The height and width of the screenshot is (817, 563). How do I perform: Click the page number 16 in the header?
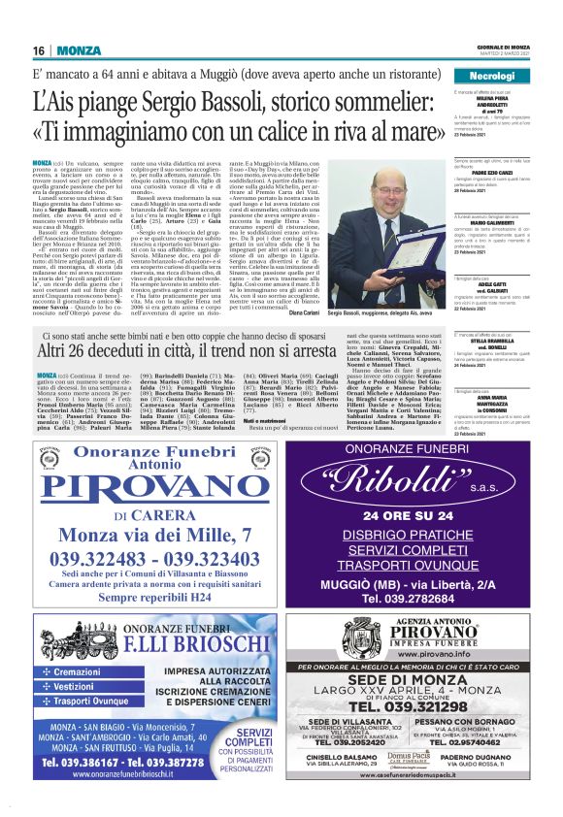click(x=39, y=49)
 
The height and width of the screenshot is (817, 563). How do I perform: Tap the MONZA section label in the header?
click(x=77, y=49)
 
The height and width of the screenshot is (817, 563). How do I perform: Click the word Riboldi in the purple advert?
click(x=406, y=479)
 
